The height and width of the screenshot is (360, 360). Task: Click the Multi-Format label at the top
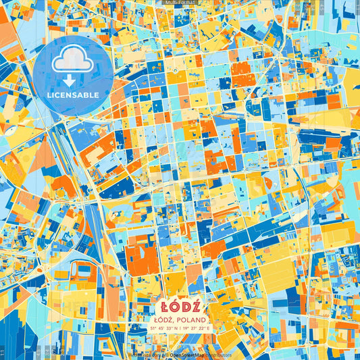[x=180, y=3]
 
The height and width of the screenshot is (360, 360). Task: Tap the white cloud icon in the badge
[x=72, y=61]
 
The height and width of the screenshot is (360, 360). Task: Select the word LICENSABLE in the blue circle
[x=73, y=95]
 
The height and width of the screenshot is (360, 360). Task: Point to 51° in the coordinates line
[x=153, y=328]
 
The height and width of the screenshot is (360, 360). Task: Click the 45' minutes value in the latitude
[x=163, y=328]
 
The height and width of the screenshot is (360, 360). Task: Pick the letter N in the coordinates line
[x=181, y=328]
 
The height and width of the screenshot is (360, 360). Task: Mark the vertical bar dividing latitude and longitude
[x=186, y=328]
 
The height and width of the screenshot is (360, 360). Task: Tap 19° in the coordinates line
[x=191, y=328]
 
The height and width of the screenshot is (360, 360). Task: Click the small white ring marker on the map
[x=175, y=70]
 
